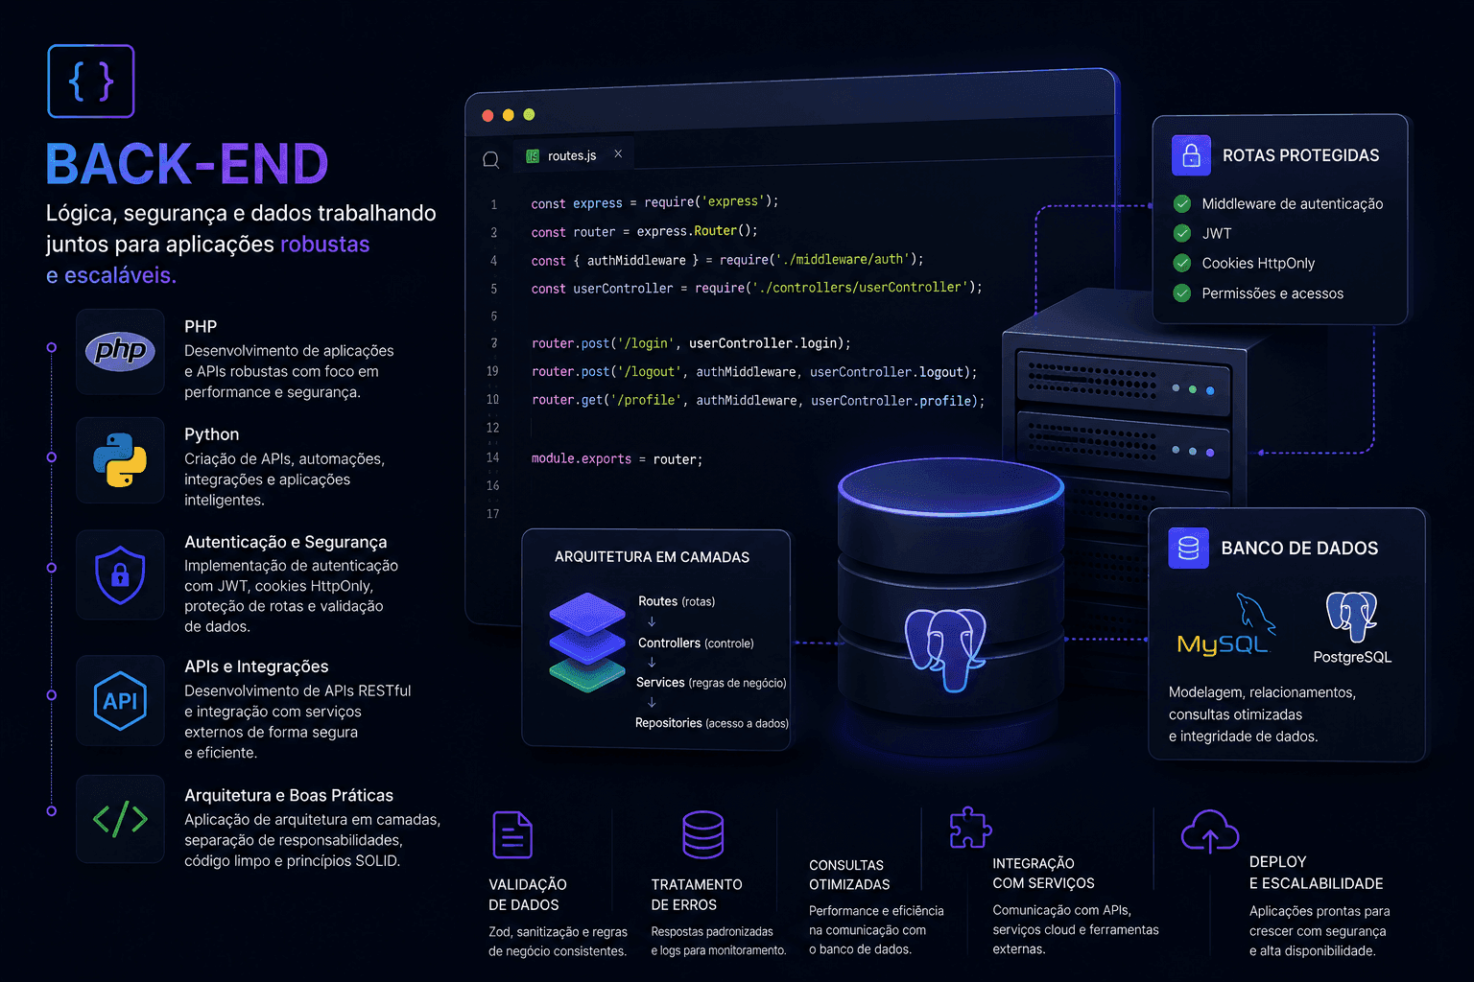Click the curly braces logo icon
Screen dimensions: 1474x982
(x=91, y=81)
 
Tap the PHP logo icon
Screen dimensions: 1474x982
(x=120, y=351)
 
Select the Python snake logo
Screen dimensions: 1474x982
(x=120, y=459)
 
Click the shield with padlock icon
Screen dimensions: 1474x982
(x=120, y=574)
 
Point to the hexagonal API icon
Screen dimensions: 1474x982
(x=120, y=700)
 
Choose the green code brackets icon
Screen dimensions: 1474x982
(x=120, y=819)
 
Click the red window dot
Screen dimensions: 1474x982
(x=487, y=116)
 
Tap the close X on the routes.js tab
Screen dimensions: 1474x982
(x=618, y=153)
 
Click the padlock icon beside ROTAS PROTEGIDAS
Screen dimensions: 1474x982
(x=1191, y=155)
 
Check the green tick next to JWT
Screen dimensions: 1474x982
(x=1182, y=233)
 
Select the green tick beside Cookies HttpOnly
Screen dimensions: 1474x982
(x=1182, y=263)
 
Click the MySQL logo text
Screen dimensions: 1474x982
(x=1222, y=644)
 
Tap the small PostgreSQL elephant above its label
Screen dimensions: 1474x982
(x=1351, y=616)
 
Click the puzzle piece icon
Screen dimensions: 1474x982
(x=970, y=828)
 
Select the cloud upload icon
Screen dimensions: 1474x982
(x=1209, y=831)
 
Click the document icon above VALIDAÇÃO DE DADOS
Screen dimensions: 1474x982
(x=511, y=834)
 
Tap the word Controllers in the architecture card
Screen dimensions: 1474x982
(x=669, y=643)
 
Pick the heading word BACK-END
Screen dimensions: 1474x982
(x=187, y=163)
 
